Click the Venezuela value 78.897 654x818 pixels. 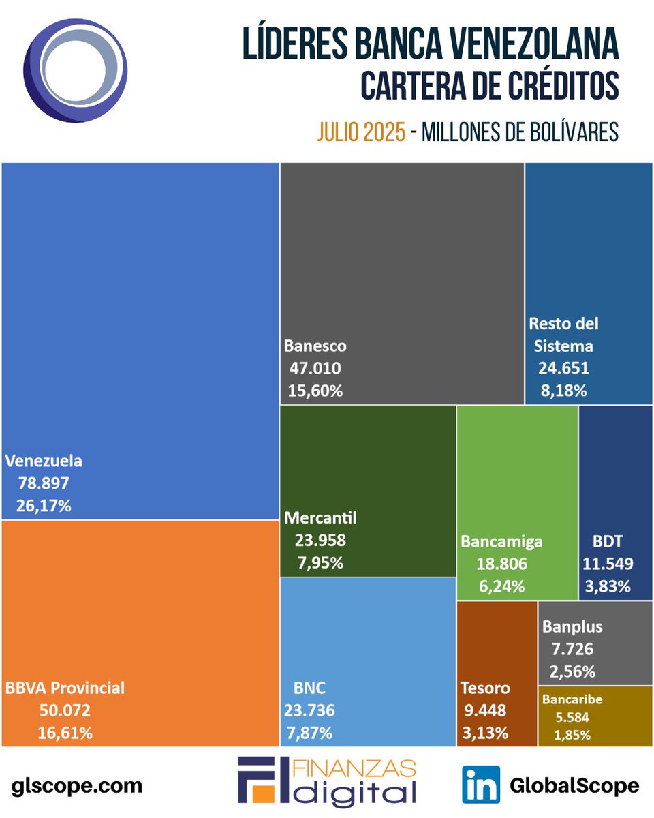[x=44, y=483]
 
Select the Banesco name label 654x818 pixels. [x=315, y=346]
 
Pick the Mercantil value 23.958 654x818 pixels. [x=320, y=541]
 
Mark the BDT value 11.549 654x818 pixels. [x=608, y=563]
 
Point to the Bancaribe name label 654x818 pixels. [x=572, y=699]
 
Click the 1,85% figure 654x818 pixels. [x=572, y=735]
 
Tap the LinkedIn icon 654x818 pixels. [x=481, y=785]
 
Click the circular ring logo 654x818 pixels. [x=74, y=71]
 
